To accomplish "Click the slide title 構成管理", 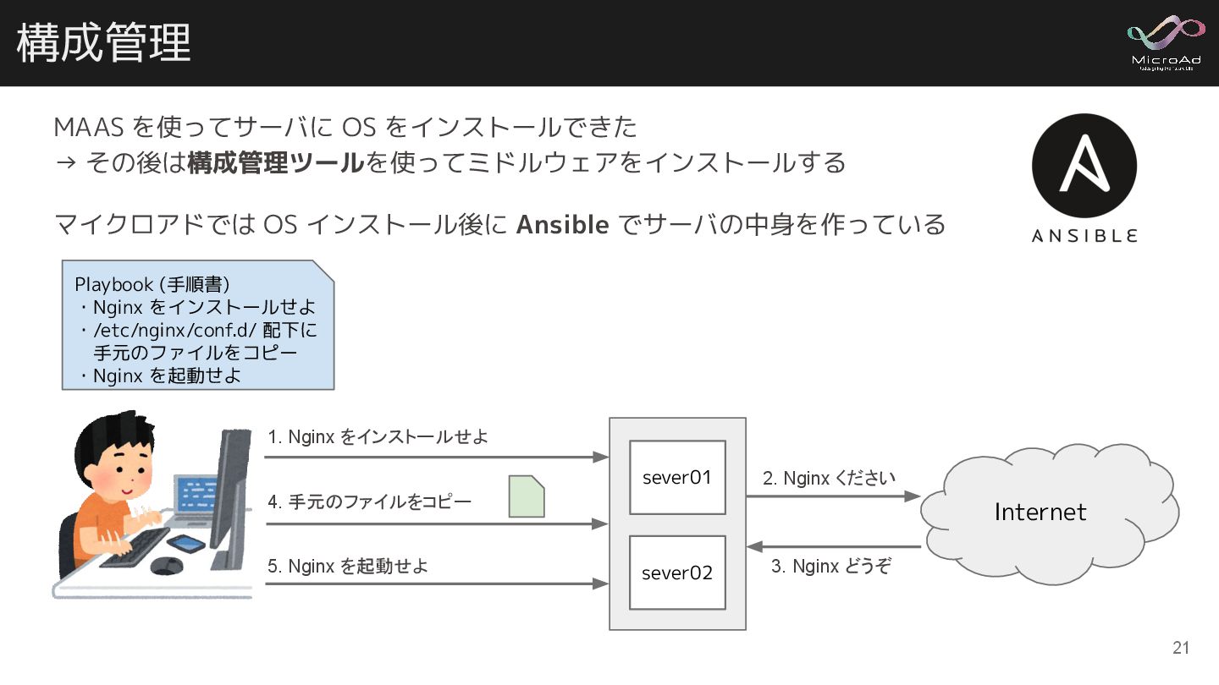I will coord(103,42).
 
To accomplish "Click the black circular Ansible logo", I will coord(1084,166).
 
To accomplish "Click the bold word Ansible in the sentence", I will coord(562,225).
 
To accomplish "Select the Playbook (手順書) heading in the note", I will coord(152,284).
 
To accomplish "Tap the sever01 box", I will coord(677,477).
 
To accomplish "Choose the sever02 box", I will coord(677,573).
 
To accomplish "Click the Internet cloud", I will coord(1041,512).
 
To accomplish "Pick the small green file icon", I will coord(526,496).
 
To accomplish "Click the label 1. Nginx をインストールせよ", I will coord(378,437).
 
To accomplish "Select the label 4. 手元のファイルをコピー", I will coord(369,501).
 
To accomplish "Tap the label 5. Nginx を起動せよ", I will coord(348,566).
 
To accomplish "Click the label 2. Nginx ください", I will coord(828,479).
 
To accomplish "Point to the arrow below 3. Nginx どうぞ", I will coord(833,547).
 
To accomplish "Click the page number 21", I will coord(1181,649).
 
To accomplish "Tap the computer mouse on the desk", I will coord(166,566).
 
